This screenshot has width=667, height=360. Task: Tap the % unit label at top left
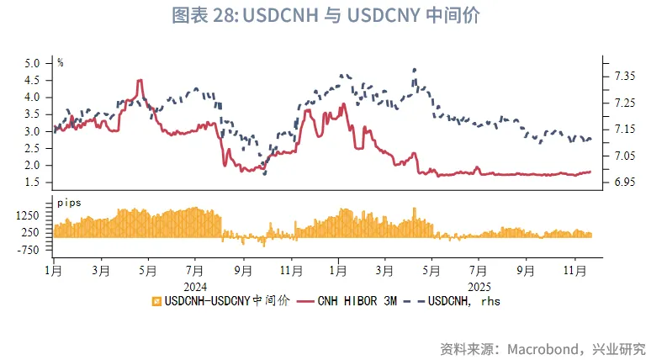61,61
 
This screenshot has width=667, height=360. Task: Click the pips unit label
69,203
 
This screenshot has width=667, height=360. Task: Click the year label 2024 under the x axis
194,284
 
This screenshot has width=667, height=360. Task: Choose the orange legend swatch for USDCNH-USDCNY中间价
156,300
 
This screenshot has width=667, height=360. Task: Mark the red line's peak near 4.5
140,80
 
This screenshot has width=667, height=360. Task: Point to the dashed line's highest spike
415,70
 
